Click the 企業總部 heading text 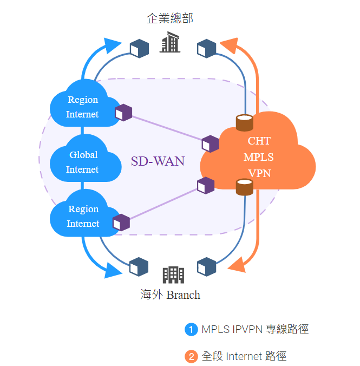pos(169,18)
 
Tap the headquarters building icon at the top pos(169,43)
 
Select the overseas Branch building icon pos(173,274)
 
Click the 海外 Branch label pos(170,295)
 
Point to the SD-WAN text pos(158,161)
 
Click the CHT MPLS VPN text pos(259,157)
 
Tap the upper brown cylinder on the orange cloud pos(245,122)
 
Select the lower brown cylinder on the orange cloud pos(245,187)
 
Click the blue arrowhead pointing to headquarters pos(113,45)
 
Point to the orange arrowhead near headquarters pos(229,45)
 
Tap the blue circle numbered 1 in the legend pos(191,329)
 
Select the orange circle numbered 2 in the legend pos(191,356)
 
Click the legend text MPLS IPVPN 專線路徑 pos(255,329)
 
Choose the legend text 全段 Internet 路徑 pos(244,356)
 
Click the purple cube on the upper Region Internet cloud pos(123,113)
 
